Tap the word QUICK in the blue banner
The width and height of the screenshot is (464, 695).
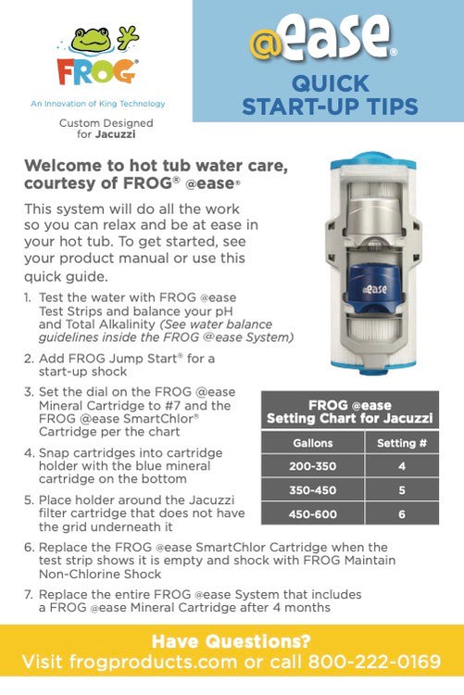tap(330, 84)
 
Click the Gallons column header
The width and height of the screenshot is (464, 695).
tap(312, 443)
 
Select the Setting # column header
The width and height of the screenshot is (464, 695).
tap(402, 443)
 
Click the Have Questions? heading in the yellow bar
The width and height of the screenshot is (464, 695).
tap(232, 640)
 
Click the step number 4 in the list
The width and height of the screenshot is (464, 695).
tap(29, 453)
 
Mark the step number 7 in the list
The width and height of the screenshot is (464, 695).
tap(29, 594)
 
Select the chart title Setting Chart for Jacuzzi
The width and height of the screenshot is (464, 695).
tap(350, 418)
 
